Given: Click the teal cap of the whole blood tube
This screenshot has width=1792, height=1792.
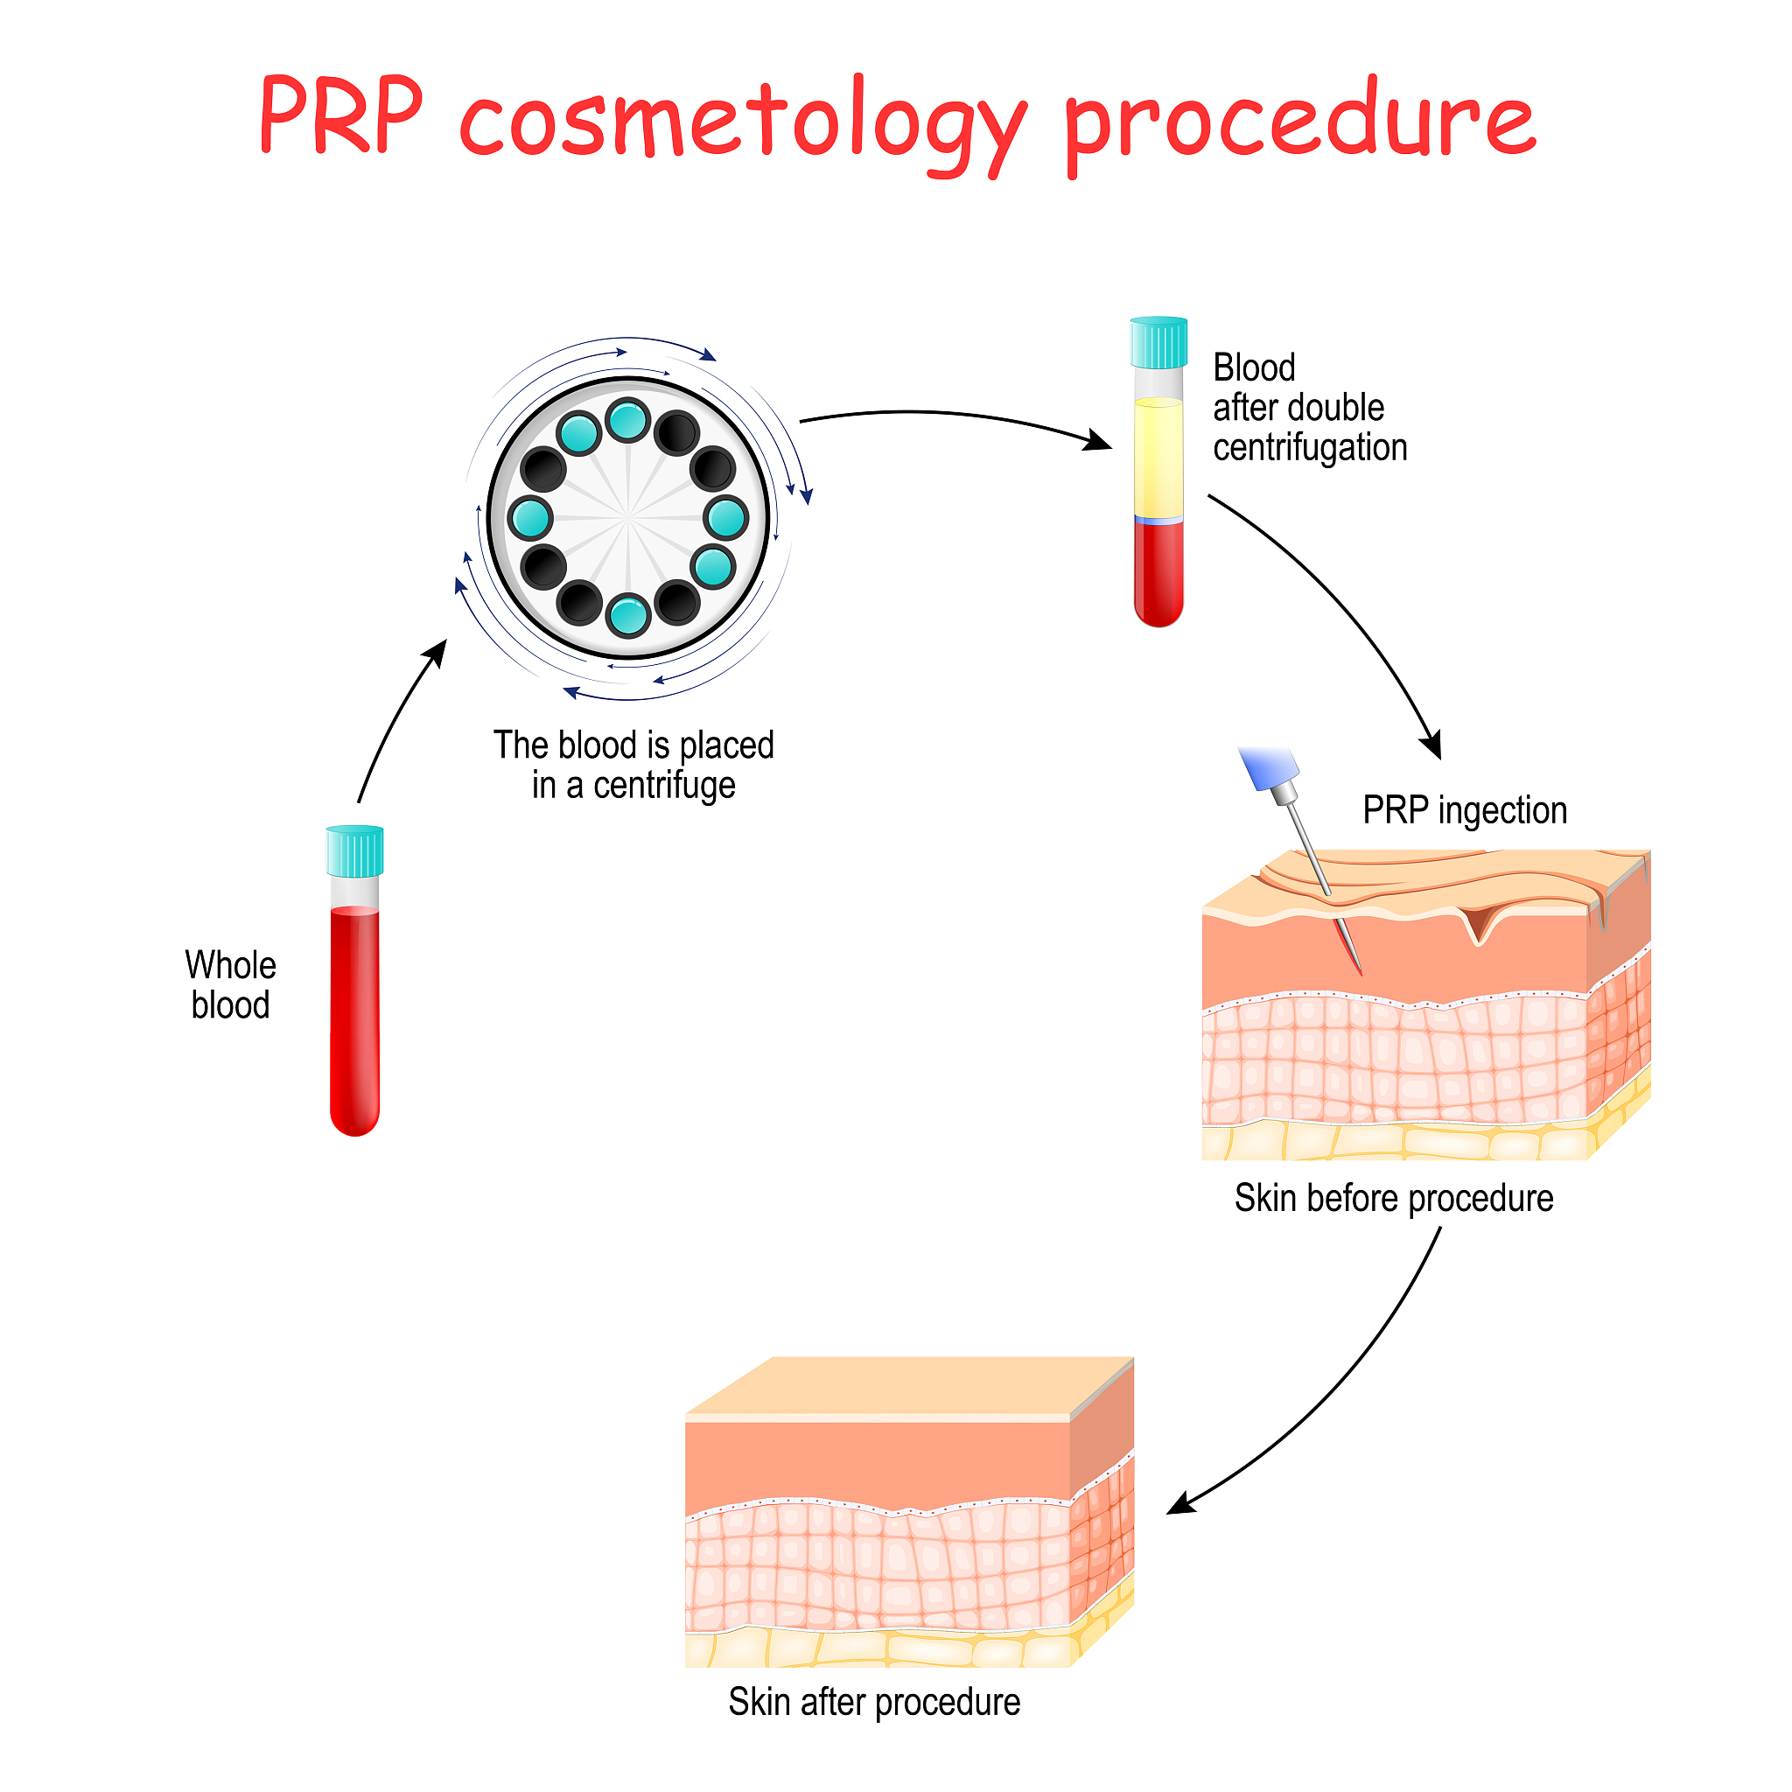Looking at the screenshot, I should [x=354, y=850].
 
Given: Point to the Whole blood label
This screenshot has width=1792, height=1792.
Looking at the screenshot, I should [x=230, y=984].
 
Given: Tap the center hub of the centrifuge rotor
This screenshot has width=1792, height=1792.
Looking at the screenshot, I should [x=628, y=516].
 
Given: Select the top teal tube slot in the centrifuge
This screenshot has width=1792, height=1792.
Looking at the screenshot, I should [x=628, y=420].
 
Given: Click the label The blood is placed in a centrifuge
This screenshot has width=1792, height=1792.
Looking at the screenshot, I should [x=633, y=764].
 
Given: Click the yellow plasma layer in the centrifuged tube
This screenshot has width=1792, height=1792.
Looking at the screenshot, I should [x=1158, y=457].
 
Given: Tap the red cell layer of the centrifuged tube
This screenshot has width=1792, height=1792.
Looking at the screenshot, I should [x=1158, y=570].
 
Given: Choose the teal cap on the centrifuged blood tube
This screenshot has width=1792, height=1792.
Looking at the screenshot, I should [x=1158, y=342].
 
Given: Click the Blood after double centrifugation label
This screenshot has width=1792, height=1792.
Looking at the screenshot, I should [x=1308, y=407].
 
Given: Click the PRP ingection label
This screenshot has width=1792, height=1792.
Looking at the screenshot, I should [x=1465, y=809].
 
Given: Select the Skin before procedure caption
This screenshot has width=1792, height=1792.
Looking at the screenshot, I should [x=1393, y=1198].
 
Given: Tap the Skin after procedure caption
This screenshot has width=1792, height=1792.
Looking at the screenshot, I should [x=874, y=1702].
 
